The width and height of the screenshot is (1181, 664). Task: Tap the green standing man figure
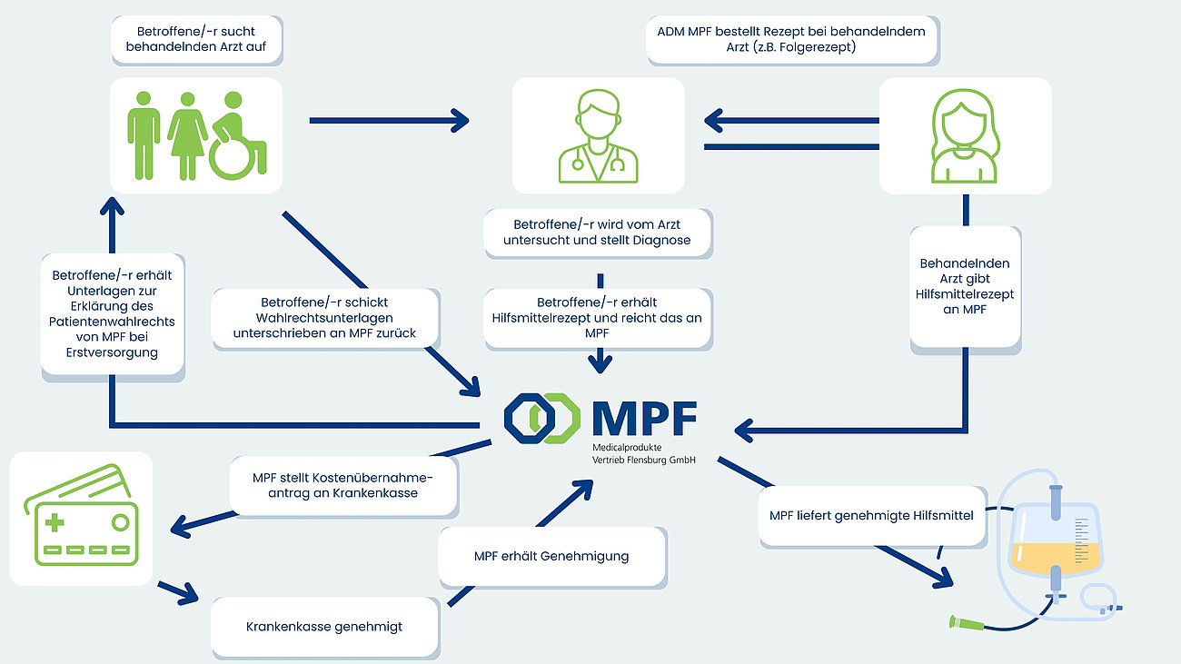[144, 134]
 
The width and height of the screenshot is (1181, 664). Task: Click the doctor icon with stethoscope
[597, 136]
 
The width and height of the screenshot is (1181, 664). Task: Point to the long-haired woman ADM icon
[965, 136]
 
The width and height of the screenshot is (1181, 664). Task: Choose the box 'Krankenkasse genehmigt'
[324, 626]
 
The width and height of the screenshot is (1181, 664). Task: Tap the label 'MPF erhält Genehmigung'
[551, 556]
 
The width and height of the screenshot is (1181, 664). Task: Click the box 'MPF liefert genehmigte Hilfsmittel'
[871, 516]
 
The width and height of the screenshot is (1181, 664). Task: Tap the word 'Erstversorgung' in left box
[112, 352]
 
